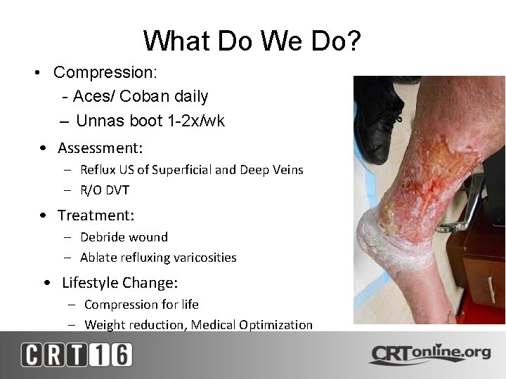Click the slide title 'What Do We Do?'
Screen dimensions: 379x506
click(252, 41)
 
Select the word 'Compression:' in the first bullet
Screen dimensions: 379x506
click(105, 72)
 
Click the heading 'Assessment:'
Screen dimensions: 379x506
click(100, 148)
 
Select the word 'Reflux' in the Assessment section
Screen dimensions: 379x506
click(96, 170)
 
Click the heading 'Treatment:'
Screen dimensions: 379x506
click(96, 215)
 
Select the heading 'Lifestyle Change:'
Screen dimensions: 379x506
click(119, 283)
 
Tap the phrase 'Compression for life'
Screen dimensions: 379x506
click(141, 305)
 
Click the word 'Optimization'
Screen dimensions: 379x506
click(278, 325)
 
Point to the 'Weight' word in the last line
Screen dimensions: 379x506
click(101, 325)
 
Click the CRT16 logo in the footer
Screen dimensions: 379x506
click(76, 354)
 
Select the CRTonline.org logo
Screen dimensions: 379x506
click(430, 353)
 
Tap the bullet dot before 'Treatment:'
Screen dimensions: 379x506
click(44, 215)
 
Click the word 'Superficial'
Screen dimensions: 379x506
click(187, 170)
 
